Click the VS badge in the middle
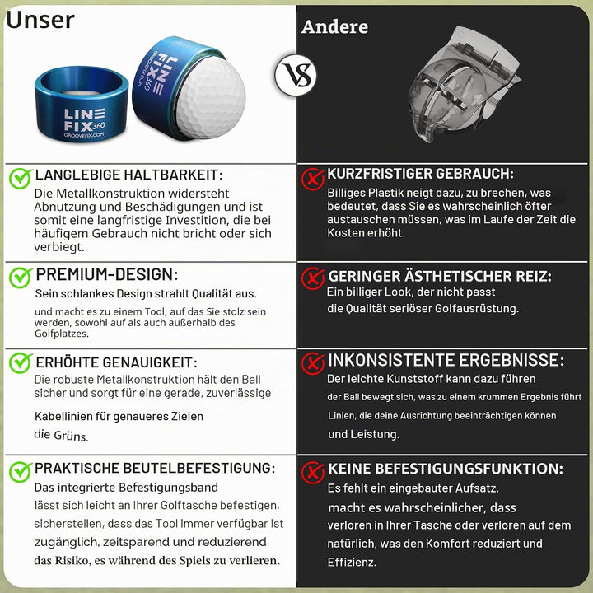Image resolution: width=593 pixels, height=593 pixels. click(x=296, y=75)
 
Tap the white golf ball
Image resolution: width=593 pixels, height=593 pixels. click(x=211, y=98)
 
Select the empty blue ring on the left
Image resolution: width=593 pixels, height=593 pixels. click(x=82, y=104)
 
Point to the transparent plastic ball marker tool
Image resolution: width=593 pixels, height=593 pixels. click(x=464, y=84)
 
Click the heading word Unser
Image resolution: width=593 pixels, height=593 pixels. click(x=40, y=20)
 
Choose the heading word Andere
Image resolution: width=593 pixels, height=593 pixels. click(x=334, y=27)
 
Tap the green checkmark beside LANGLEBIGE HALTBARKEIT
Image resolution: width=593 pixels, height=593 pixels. click(x=21, y=178)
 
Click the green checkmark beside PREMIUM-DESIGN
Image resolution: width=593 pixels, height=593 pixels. click(x=21, y=278)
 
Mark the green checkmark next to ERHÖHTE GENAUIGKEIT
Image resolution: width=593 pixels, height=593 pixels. click(x=21, y=363)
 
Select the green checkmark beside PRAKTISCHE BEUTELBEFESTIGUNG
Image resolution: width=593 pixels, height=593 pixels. click(x=21, y=472)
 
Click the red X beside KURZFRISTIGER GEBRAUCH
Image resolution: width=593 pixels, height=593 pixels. click(x=313, y=179)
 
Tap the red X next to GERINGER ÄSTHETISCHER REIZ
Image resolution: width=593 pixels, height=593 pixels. click(x=313, y=278)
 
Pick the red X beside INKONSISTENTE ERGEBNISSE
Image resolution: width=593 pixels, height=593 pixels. click(x=313, y=363)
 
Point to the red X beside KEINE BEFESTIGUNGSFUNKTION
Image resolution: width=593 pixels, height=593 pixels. click(x=313, y=473)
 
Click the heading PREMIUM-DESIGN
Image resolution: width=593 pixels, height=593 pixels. click(x=106, y=274)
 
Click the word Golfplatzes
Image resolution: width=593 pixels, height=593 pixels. click(x=62, y=334)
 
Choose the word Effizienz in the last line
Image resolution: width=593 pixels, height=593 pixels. click(x=352, y=563)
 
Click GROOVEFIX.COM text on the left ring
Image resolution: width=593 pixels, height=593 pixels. click(x=84, y=136)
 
